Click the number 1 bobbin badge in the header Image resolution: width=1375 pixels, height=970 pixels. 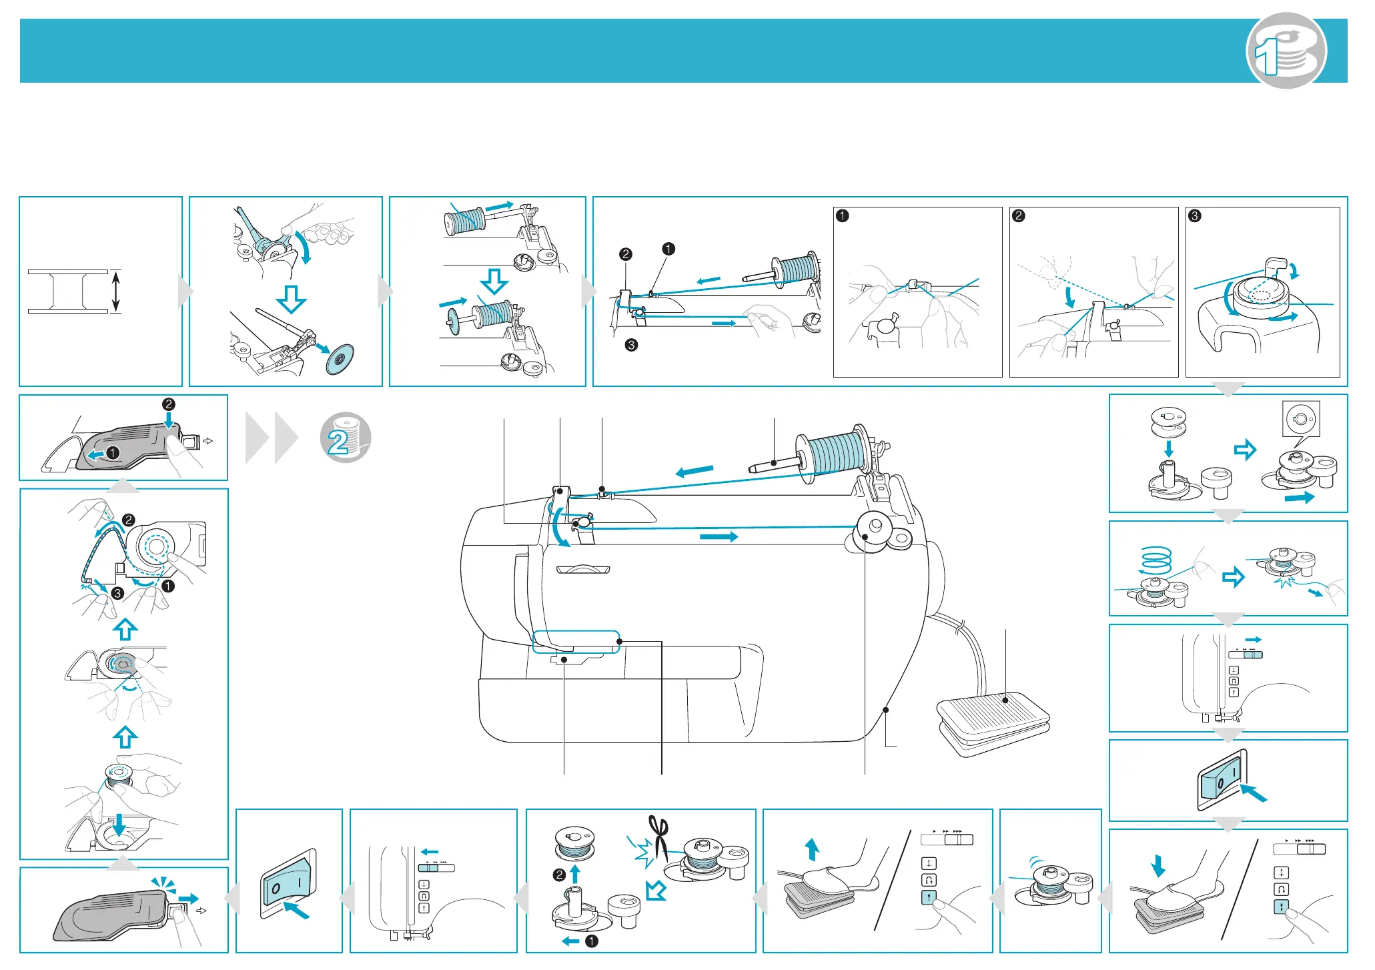click(1286, 51)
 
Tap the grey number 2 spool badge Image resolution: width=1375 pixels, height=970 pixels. click(345, 437)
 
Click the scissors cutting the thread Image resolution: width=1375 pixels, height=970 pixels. click(659, 837)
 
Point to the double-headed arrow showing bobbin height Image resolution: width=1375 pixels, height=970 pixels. click(116, 291)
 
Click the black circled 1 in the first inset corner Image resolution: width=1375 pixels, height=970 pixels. click(843, 215)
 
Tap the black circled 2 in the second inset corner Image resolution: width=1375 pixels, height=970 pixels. click(1018, 215)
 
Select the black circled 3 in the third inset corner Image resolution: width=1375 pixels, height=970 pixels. click(1195, 215)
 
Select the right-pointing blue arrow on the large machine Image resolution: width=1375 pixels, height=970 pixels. click(719, 536)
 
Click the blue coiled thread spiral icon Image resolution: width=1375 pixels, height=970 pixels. click(1156, 560)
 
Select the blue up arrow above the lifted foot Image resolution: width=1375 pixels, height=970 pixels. click(812, 850)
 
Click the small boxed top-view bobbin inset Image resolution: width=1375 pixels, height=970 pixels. click(1301, 420)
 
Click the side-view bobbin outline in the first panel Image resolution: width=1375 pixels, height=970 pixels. click(67, 292)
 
